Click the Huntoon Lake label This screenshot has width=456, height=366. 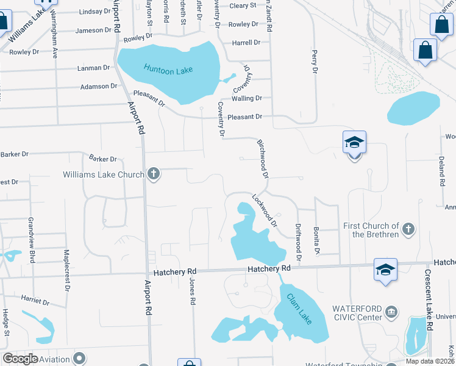pyautogui.click(x=168, y=69)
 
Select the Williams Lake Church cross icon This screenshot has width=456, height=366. pyautogui.click(x=154, y=174)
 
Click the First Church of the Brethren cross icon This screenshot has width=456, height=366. pyautogui.click(x=408, y=229)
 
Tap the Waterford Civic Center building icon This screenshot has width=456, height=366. pyautogui.click(x=390, y=313)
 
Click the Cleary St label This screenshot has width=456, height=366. pyautogui.click(x=243, y=5)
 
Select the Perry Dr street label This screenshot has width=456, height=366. pyautogui.click(x=315, y=62)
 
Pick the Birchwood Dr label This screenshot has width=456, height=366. pyautogui.click(x=263, y=158)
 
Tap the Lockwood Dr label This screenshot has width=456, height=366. pyautogui.click(x=265, y=210)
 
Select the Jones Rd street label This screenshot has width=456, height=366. pyautogui.click(x=192, y=292)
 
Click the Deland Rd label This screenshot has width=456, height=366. pyautogui.click(x=441, y=169)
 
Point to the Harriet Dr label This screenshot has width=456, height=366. pyautogui.click(x=35, y=301)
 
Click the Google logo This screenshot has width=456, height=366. pyautogui.click(x=20, y=359)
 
